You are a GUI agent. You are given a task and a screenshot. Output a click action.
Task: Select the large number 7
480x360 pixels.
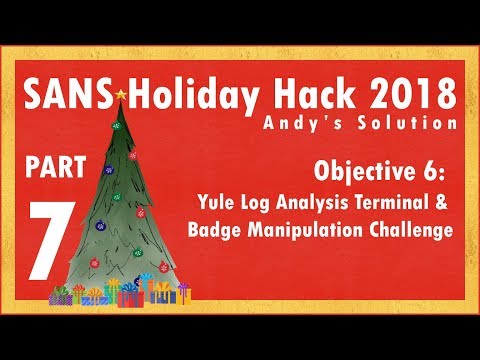45,234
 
